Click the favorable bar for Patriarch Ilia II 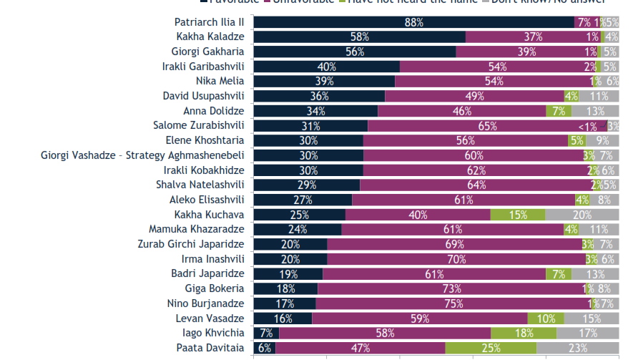413,22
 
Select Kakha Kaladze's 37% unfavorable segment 531,37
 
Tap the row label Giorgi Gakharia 207,52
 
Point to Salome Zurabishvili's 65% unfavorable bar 486,126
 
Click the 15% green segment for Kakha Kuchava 518,215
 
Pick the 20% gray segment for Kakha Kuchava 582,215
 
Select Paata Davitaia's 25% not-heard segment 491,349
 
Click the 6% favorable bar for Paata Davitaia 264,349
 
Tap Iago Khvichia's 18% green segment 524,334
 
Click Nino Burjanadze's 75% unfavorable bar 451,303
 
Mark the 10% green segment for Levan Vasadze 546,318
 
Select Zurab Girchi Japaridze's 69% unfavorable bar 454,244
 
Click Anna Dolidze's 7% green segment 559,111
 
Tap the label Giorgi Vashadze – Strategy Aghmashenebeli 142,155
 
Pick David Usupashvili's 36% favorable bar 319,96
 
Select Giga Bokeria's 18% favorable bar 285,288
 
